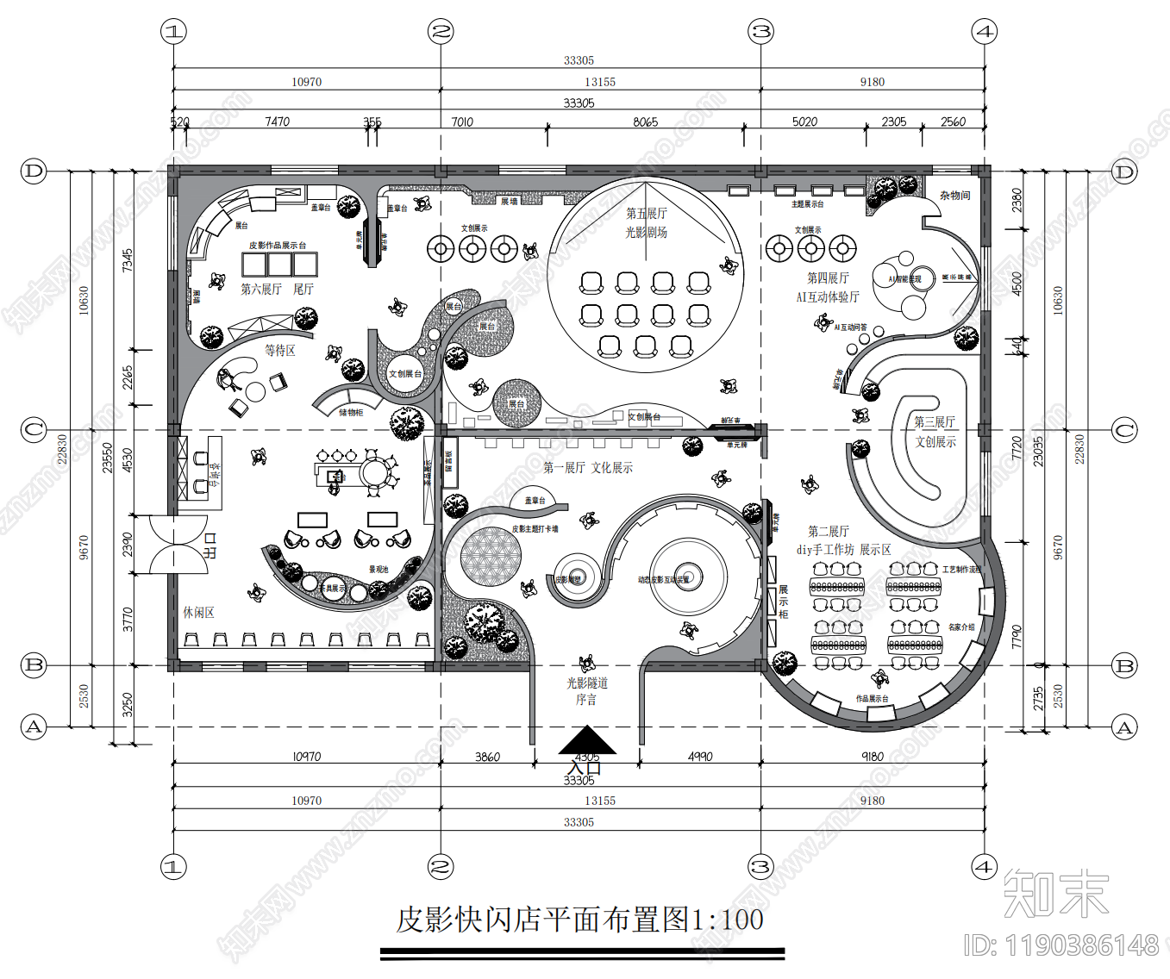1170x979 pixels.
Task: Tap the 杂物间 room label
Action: coord(954,196)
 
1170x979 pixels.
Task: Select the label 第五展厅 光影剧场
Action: coord(646,222)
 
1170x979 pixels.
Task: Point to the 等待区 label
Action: coord(280,350)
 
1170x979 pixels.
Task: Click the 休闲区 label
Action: coord(198,612)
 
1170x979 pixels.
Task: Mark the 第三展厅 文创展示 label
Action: coord(935,432)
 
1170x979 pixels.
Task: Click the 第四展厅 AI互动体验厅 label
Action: coord(828,287)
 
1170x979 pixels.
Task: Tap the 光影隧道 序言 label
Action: coord(586,690)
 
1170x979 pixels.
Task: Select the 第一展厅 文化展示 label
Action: coord(588,467)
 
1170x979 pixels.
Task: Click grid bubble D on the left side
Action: coord(33,171)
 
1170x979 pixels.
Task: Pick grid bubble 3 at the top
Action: coord(760,32)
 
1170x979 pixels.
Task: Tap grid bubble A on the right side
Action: coord(1124,726)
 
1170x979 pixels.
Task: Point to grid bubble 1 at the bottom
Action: coord(173,866)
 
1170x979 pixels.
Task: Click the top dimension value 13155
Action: coord(600,82)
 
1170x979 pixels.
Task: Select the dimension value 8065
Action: coord(645,122)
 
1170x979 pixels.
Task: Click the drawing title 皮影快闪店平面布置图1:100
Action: coord(579,920)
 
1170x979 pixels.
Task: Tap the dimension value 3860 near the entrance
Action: coord(487,757)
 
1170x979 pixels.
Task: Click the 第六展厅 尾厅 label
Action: coord(277,289)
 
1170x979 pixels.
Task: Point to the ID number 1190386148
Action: coord(1061,945)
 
